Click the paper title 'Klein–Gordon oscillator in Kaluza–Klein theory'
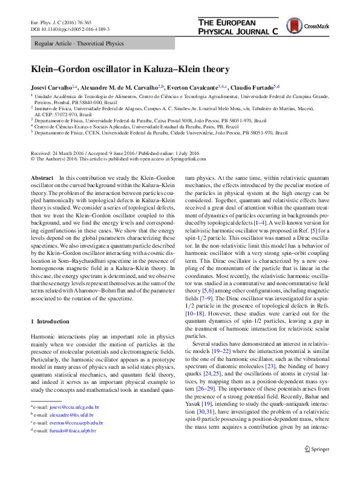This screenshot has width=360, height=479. pyautogui.click(x=131, y=70)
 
